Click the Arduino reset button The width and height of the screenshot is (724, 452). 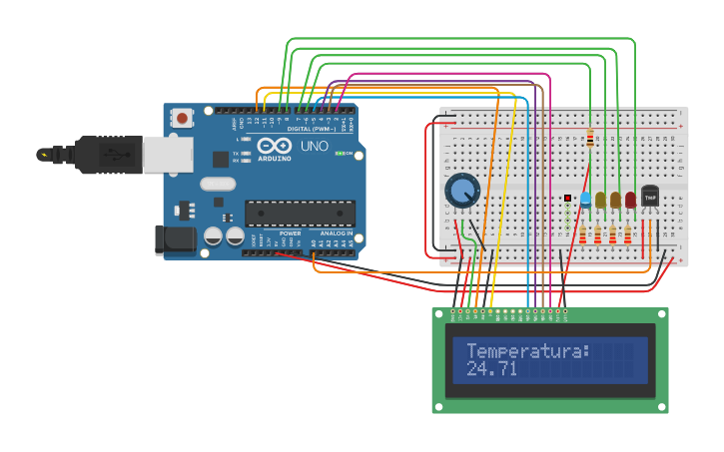[182, 118]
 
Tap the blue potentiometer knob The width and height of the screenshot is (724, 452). [461, 190]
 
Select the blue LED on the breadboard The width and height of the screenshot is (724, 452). [585, 200]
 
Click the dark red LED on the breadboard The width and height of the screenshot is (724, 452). [630, 200]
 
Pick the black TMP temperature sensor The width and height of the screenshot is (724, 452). [650, 196]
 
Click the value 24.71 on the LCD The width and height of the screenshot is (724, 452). [491, 369]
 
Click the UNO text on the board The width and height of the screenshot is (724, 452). [315, 146]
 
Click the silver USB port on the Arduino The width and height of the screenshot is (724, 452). [167, 155]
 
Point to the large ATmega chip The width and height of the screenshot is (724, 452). [300, 213]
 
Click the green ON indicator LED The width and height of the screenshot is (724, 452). [340, 154]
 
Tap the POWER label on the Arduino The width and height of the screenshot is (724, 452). [290, 233]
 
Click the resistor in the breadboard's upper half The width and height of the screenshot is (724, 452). [590, 138]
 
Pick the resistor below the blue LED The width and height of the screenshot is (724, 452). [583, 234]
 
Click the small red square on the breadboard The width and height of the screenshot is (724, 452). [567, 198]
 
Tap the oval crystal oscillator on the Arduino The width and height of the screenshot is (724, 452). [218, 184]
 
